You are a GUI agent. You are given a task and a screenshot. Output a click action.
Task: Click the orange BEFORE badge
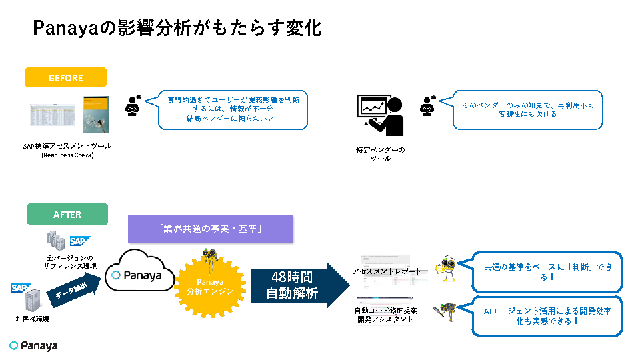[65, 77]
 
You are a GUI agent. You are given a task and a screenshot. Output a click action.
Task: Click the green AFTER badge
[67, 214]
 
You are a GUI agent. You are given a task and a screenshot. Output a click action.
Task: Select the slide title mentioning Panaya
[177, 28]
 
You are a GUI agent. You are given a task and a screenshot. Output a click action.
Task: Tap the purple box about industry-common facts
[210, 229]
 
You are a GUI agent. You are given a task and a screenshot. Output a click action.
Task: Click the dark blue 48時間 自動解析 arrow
[300, 285]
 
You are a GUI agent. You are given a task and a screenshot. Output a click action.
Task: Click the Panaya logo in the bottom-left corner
[33, 345]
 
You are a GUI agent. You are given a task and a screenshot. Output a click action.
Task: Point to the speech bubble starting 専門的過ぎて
[233, 109]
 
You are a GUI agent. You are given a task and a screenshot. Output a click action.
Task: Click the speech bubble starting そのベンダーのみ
[527, 109]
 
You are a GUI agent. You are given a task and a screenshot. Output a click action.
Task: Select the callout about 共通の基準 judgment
[547, 271]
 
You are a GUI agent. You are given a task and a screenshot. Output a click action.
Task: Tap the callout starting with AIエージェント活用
[547, 315]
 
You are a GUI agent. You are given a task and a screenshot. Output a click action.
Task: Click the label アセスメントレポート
[387, 271]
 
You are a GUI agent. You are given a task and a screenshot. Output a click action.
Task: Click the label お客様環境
[33, 319]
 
